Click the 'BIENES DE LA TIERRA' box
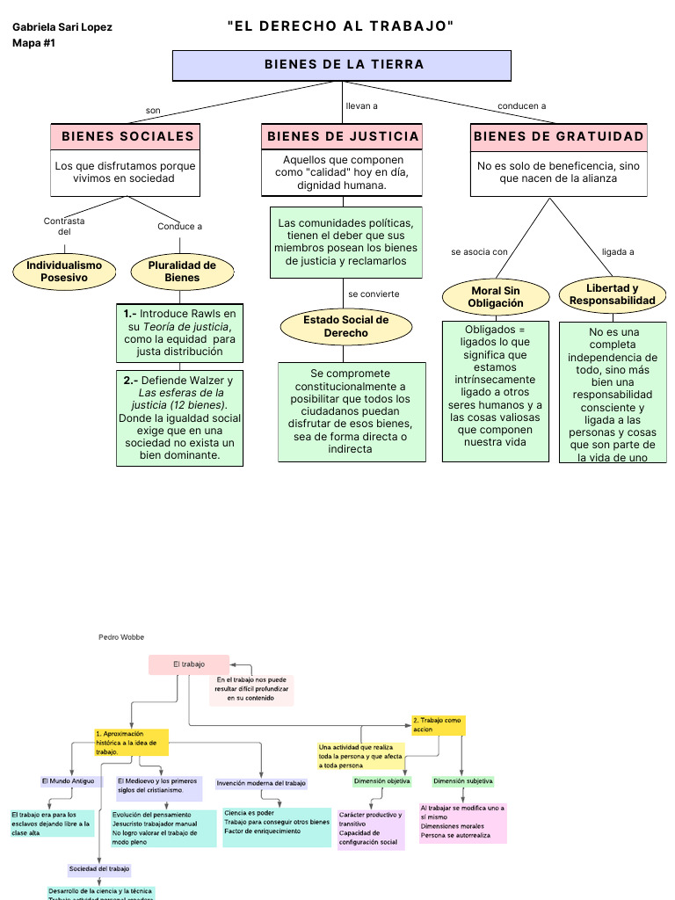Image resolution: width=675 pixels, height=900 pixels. click(342, 65)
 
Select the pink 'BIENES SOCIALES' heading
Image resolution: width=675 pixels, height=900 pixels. click(127, 136)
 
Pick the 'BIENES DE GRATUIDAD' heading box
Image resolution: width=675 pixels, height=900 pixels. click(559, 136)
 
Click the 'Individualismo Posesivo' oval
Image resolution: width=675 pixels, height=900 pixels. click(63, 271)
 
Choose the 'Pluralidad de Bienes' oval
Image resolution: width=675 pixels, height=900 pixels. click(182, 271)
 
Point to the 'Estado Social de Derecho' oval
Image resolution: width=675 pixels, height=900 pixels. click(345, 327)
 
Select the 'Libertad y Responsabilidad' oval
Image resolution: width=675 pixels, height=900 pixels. click(612, 294)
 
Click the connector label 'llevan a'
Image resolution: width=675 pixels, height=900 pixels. click(361, 106)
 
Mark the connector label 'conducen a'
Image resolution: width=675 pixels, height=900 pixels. click(521, 106)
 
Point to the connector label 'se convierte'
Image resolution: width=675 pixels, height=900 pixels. click(374, 294)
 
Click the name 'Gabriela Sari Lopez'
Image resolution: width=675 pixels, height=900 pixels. click(62, 27)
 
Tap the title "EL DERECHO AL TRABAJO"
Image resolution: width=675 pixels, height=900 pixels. click(341, 26)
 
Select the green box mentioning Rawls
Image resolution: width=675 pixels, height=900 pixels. click(180, 333)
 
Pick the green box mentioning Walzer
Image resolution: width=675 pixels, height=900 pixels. click(179, 417)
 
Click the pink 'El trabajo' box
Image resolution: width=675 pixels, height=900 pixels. click(188, 664)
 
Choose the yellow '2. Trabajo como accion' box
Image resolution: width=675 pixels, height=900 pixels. click(439, 725)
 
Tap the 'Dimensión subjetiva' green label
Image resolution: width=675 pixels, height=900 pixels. click(463, 780)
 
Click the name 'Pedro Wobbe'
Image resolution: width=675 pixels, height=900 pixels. click(121, 636)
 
